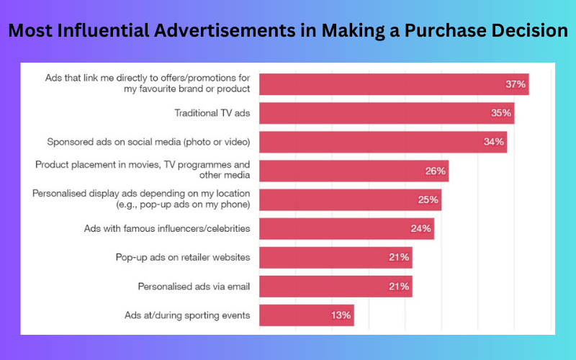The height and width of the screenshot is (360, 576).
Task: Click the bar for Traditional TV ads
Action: coord(387,113)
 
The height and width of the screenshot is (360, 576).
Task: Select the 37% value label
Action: coord(516,84)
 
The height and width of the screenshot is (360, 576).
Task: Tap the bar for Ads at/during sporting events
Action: coord(307,315)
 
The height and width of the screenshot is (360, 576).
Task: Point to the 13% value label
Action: coord(341,315)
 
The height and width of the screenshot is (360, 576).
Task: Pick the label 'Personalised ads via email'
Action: coord(194,287)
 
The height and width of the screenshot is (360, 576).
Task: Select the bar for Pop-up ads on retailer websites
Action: coord(336,258)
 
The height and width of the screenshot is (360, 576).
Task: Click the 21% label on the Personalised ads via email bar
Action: coord(399,287)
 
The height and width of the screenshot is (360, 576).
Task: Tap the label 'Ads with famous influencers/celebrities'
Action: coord(167,228)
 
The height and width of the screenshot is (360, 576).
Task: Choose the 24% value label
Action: coord(421,228)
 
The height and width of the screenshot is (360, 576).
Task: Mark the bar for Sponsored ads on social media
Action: coord(383,142)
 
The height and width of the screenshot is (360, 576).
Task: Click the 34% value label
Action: coord(494,142)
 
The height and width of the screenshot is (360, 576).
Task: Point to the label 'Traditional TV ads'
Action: coord(212,113)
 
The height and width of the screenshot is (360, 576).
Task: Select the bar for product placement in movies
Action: coord(354,171)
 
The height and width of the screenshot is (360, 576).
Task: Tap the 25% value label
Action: coord(428,200)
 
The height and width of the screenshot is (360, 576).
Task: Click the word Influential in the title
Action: coord(103,30)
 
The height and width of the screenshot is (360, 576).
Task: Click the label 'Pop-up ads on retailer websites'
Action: coord(183,258)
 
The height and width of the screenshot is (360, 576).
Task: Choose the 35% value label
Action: coord(501,113)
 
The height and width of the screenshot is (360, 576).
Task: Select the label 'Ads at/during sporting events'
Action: coord(187,315)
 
